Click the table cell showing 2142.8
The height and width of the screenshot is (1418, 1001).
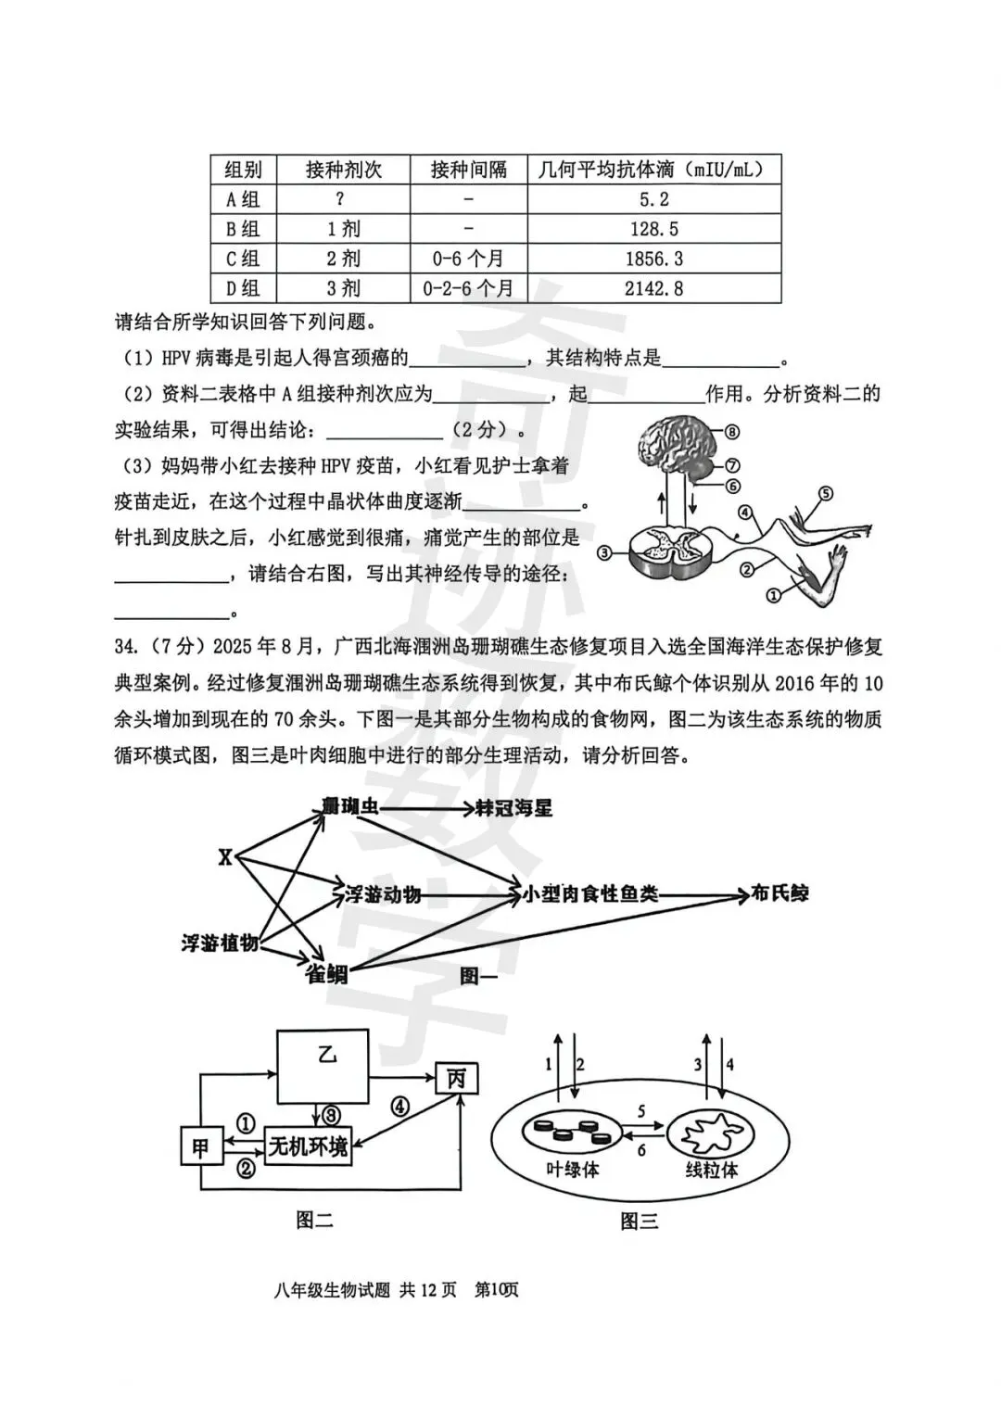[653, 288]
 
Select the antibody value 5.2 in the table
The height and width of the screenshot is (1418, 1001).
[653, 199]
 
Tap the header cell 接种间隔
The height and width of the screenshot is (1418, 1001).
[469, 170]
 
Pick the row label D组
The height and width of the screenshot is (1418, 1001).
[243, 288]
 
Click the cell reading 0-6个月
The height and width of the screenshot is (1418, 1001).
[468, 259]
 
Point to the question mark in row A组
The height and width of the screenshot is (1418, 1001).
[341, 199]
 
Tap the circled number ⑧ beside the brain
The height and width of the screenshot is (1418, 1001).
[733, 432]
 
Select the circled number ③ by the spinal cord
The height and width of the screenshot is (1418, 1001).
[604, 553]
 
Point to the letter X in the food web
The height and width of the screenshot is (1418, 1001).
[225, 858]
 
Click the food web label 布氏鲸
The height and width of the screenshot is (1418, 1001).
[779, 893]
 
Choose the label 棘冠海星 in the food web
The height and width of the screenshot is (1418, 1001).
[513, 808]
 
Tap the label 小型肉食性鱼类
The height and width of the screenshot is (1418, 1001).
[589, 894]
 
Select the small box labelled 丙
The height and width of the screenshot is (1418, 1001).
[457, 1079]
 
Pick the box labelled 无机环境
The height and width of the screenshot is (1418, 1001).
[308, 1147]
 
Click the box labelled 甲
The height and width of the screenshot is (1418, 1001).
[199, 1148]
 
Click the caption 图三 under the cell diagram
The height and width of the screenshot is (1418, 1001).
[640, 1222]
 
